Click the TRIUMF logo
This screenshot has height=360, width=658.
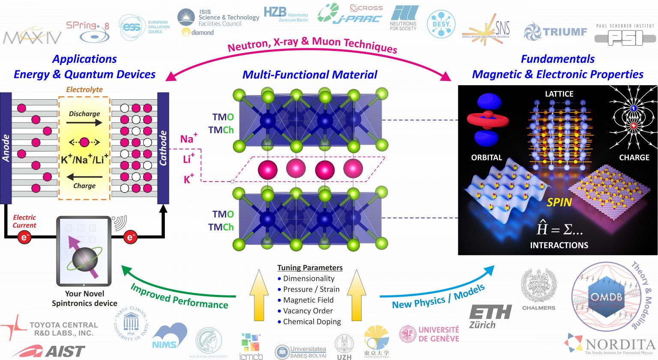[x=555, y=32]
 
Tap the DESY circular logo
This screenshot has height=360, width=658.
[x=441, y=24]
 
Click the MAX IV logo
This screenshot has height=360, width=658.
[x=32, y=38]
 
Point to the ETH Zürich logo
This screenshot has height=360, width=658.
[x=490, y=316]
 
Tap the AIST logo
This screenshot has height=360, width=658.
[x=49, y=351]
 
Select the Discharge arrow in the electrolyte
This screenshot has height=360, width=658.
[x=84, y=123]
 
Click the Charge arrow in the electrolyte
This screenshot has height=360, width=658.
[x=84, y=176]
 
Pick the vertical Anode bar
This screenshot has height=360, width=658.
[x=6, y=148]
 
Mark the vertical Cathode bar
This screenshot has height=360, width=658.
[x=163, y=148]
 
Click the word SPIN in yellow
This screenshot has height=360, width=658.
[x=559, y=202]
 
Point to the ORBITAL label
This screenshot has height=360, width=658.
[x=486, y=158]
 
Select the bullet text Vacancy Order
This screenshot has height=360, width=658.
[x=308, y=311]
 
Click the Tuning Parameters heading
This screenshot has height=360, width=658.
[x=310, y=268]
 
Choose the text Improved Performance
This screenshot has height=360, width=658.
[x=179, y=296]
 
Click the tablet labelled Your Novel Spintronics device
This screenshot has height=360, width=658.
[x=84, y=251]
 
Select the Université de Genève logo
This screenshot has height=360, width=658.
[x=430, y=334]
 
